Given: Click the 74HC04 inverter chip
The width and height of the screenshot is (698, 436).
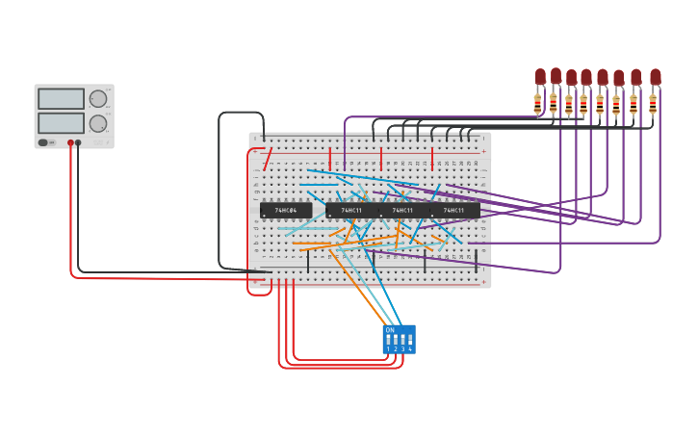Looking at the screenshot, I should (x=286, y=210).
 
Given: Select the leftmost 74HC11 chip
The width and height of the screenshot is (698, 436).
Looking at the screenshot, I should (x=351, y=210).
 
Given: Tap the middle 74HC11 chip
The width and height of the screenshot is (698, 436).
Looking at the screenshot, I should (x=402, y=210).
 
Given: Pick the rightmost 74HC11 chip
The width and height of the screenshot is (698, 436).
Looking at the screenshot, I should (x=453, y=210).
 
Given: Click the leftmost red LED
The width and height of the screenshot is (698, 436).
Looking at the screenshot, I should (x=540, y=76).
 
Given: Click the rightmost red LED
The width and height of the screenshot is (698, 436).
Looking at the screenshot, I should (x=656, y=76).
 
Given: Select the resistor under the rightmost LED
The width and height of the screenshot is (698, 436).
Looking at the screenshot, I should (x=653, y=103).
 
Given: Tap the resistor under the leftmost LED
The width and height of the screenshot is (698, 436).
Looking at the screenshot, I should (x=538, y=104).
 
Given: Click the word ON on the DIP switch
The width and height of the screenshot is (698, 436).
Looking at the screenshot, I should (x=390, y=330).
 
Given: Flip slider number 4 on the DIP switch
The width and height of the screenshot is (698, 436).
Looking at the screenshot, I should (x=410, y=339).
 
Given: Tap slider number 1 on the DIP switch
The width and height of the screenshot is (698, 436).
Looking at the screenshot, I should (x=389, y=339).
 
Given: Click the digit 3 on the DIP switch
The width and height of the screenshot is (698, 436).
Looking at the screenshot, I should (x=402, y=349).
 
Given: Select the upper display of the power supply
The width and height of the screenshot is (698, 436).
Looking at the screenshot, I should (x=61, y=98).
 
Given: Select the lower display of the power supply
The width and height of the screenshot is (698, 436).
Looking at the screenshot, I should (x=61, y=122).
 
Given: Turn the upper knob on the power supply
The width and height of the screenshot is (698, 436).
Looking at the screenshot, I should (x=98, y=98).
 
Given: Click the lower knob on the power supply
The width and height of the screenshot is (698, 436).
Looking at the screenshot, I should (x=98, y=123).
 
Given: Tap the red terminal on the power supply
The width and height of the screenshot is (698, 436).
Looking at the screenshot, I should (x=70, y=142).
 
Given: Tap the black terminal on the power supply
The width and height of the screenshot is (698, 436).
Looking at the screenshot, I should (x=78, y=142).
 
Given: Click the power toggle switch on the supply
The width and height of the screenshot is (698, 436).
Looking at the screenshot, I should (x=43, y=142).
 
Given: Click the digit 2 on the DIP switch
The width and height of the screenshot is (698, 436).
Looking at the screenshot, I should (x=396, y=349).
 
